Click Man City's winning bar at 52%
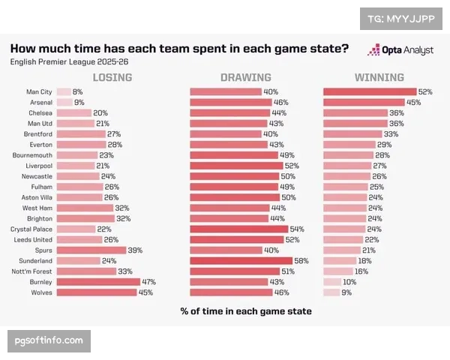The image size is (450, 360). click(370, 91)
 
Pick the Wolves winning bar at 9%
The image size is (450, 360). click(330, 292)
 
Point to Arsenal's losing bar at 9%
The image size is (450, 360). click(64, 102)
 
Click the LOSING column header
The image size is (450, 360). click(112, 77)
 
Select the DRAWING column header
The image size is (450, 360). click(245, 77)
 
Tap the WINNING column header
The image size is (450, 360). click(379, 77)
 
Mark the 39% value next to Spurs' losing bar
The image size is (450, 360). click(135, 250)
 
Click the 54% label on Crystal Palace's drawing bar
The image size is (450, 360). click(298, 229)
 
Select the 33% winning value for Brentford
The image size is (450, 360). click(391, 133)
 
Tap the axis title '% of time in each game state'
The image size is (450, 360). click(245, 310)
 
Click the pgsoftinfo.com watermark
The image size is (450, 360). click(49, 341)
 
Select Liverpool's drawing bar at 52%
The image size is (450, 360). click(235, 166)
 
